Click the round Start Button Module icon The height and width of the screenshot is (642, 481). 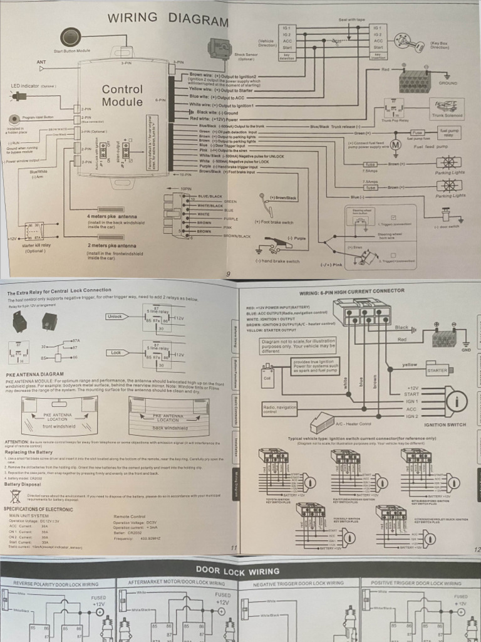[x=71, y=36]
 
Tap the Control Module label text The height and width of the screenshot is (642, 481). [x=122, y=95]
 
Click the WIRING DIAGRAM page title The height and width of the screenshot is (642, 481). [x=168, y=19]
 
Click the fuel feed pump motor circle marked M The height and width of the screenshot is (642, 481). [x=395, y=145]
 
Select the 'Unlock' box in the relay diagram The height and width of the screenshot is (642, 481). [x=115, y=317]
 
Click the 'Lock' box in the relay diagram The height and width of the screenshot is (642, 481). [x=115, y=353]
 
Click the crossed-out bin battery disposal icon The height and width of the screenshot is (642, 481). [x=16, y=496]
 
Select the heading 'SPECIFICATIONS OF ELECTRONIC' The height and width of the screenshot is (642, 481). [x=38, y=509]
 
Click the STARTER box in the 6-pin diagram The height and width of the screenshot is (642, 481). [x=437, y=370]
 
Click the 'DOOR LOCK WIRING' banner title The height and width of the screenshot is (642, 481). [x=237, y=571]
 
